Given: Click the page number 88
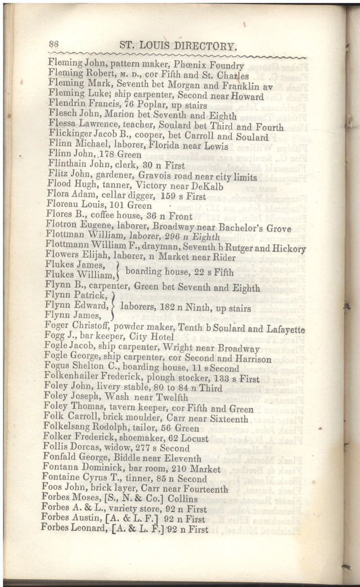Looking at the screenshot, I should click(x=55, y=44).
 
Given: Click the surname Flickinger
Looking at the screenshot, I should click(x=71, y=137).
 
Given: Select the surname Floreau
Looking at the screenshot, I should click(x=64, y=206).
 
